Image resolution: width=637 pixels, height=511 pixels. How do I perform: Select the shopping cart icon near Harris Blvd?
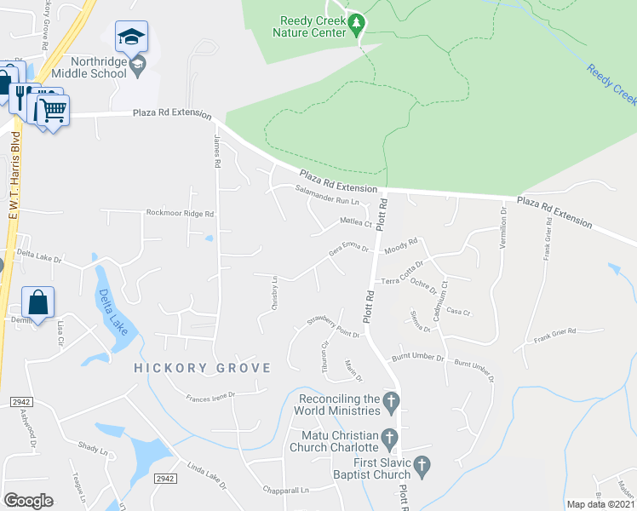click(x=51, y=109)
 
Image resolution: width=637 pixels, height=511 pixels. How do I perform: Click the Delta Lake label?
click(x=112, y=311)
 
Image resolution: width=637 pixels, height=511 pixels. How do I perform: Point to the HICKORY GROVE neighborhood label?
click(x=202, y=368)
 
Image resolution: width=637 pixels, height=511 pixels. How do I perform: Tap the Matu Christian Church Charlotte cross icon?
click(x=389, y=439)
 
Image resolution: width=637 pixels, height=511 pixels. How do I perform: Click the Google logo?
click(x=28, y=501)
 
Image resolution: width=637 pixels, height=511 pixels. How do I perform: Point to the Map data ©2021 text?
click(x=600, y=504)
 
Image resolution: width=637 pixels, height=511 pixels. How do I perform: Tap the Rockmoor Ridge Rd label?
click(x=180, y=213)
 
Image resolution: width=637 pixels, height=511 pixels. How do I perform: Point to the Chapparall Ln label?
click(x=286, y=491)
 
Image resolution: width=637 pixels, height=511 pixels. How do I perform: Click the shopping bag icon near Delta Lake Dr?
click(x=38, y=302)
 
